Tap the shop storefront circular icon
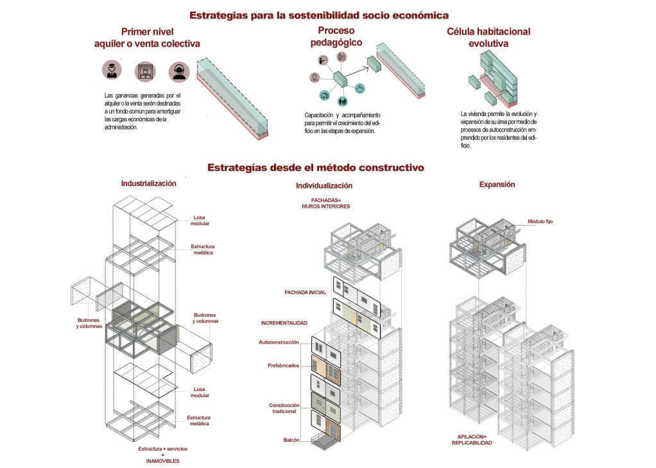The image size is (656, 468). tap(145, 71)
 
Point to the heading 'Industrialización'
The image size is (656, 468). tap(148, 183)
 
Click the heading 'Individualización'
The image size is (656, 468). tap(324, 186)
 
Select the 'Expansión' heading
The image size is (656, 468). tap(497, 185)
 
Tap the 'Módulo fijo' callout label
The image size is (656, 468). tap(540, 221)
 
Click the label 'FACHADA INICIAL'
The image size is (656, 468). tap(305, 292)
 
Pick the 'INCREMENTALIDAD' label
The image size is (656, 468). tap(284, 322)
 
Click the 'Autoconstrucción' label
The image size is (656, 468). tap(279, 342)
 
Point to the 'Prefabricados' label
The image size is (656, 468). tap(282, 365)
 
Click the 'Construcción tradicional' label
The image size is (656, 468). tap(282, 408)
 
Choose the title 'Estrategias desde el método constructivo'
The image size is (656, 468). tap(315, 168)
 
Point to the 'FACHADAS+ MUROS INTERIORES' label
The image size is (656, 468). tap(325, 203)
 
